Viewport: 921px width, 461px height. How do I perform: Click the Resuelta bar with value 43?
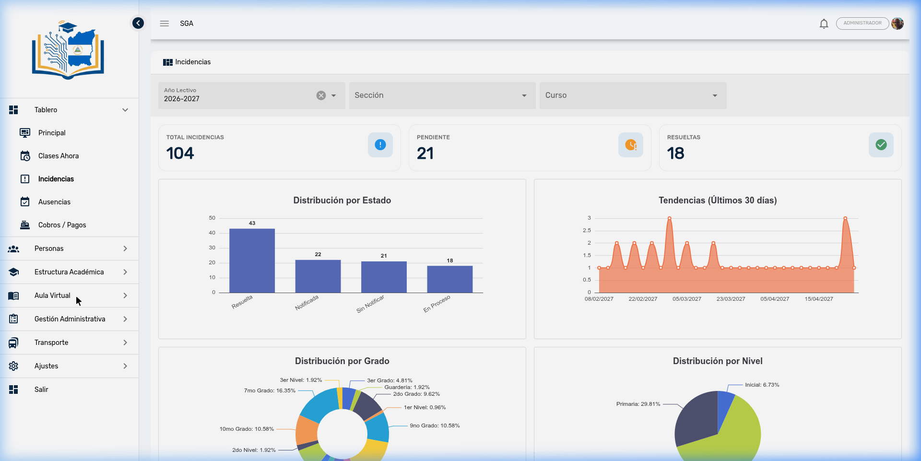[252, 260]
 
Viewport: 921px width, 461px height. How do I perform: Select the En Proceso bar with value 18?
[449, 279]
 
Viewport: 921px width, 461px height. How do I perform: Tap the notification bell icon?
[824, 24]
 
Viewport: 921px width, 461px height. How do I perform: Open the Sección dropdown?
[442, 95]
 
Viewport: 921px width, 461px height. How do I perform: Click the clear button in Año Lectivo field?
[321, 95]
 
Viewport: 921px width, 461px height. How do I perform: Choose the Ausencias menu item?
[54, 202]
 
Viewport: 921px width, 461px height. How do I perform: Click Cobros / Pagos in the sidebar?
[62, 225]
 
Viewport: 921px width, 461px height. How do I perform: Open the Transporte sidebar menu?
[51, 343]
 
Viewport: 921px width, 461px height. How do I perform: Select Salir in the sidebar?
[41, 390]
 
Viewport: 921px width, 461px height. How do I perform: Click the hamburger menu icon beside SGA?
[165, 24]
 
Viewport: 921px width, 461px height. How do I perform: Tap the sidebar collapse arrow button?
[138, 23]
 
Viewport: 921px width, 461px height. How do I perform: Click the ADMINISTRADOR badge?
[862, 23]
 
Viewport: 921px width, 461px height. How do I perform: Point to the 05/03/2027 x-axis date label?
[686, 299]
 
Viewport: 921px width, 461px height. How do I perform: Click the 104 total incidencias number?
[180, 154]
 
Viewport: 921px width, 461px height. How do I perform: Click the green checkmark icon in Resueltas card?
[881, 145]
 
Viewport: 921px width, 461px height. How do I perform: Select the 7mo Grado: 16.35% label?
[270, 390]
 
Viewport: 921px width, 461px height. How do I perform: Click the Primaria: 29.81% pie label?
[638, 404]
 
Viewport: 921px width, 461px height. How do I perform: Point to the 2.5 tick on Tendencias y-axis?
[587, 230]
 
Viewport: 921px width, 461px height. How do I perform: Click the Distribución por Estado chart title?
[342, 201]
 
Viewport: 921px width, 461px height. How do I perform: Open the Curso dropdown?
[632, 95]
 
